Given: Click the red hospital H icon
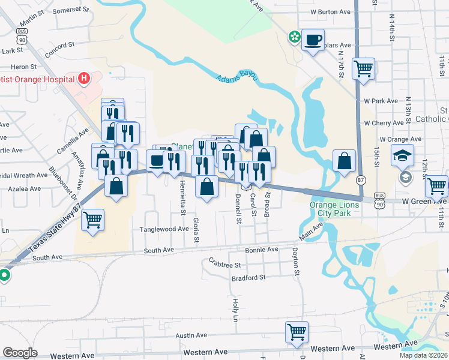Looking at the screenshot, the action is click(x=84, y=78).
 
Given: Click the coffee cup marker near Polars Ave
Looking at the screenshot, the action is click(x=313, y=40).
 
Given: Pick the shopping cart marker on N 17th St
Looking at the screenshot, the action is click(x=364, y=68).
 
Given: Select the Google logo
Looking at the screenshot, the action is click(x=20, y=353).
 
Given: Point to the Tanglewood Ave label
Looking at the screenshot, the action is click(x=164, y=229).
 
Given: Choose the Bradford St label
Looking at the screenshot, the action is click(x=248, y=278).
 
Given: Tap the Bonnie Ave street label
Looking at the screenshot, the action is click(x=262, y=249).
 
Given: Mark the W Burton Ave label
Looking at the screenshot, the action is click(x=330, y=11).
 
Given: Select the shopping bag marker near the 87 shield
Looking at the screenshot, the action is click(x=344, y=161).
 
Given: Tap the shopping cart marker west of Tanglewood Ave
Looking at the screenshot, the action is click(x=93, y=220).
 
